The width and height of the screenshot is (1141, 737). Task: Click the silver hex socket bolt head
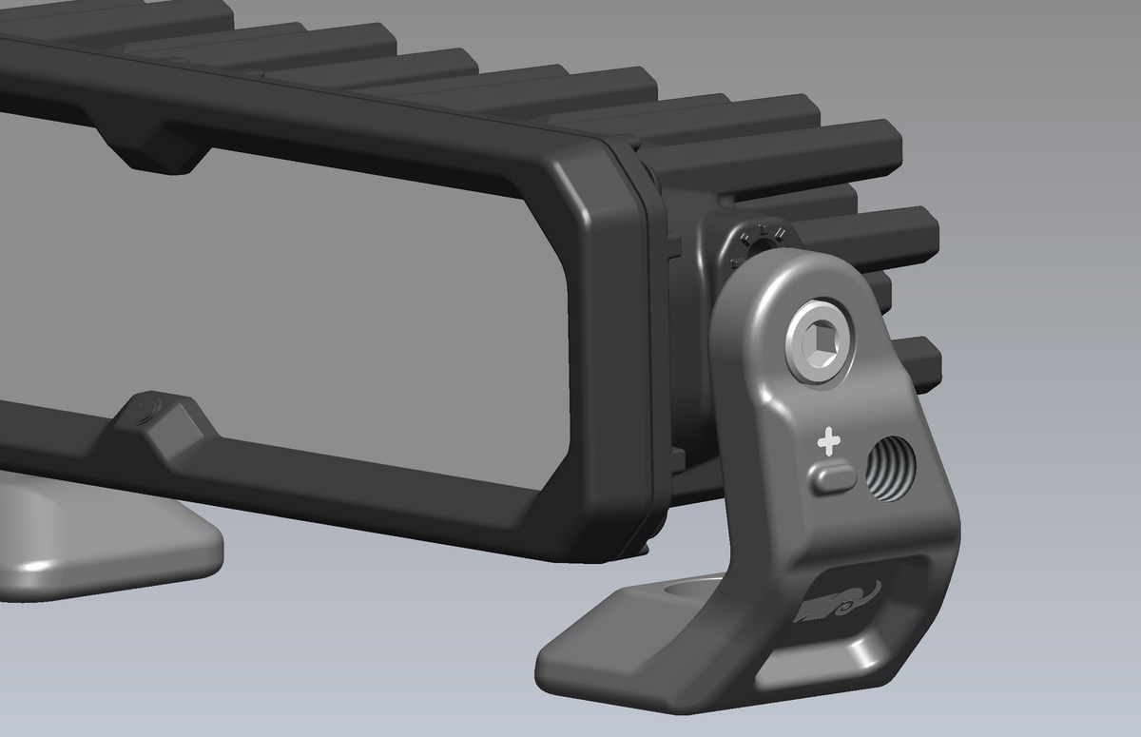tap(820, 342)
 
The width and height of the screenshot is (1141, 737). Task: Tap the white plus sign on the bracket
tap(830, 442)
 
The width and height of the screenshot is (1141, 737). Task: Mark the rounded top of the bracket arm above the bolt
tap(789, 271)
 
